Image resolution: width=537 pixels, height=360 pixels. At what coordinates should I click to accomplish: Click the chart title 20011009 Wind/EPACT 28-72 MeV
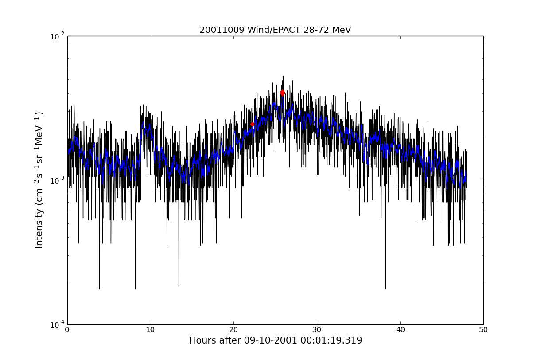[275, 30]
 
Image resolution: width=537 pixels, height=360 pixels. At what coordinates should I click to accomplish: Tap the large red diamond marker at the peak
[282, 93]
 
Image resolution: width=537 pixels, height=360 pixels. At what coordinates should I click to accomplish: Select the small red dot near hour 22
[252, 125]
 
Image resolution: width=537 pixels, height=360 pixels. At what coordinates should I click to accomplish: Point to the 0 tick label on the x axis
[67, 330]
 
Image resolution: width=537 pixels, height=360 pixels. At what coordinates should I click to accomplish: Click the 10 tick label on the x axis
[151, 330]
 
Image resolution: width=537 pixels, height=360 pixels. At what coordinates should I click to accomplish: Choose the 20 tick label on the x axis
[233, 330]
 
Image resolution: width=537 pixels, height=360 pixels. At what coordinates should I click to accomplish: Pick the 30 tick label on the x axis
[317, 330]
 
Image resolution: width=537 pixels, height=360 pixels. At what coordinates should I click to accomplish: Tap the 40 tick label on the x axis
[400, 330]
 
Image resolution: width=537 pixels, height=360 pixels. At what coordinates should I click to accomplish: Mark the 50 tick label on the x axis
[483, 330]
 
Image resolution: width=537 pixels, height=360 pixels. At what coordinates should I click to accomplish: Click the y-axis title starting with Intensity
[39, 180]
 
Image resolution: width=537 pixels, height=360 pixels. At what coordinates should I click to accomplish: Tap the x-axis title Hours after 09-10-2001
[275, 340]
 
